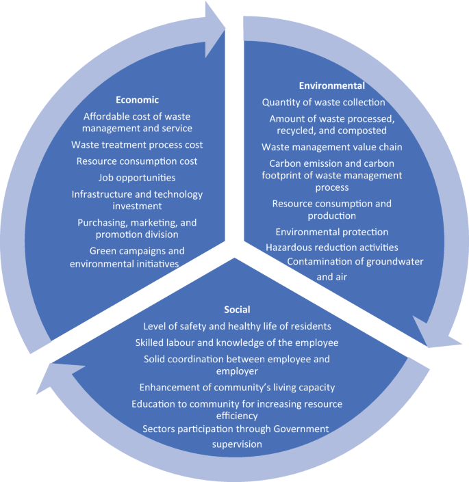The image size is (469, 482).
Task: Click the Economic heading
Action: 138,99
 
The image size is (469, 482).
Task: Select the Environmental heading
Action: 332,86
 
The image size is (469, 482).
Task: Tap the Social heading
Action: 237,310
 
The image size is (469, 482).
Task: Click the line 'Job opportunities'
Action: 137,178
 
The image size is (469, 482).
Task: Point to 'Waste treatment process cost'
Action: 137,145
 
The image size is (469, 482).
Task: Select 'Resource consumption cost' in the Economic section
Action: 137,161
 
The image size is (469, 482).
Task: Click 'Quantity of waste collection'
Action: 323,103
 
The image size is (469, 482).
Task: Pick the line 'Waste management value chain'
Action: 331,147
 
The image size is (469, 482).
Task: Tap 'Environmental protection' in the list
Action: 331,232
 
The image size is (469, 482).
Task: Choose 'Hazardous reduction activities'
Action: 331,247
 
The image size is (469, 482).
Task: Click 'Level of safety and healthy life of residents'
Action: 237,326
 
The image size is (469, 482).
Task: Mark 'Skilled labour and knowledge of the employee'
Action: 237,343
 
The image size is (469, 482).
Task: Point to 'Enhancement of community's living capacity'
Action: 237,387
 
